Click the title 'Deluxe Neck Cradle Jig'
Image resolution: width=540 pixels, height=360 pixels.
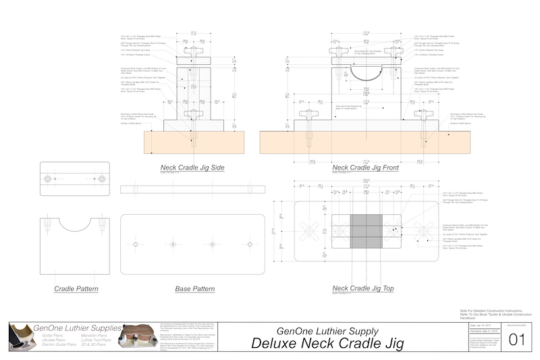pos(327,342)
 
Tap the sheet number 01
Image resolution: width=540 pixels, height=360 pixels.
pos(516,339)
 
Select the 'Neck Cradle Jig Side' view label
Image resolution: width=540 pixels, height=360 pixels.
pos(192,168)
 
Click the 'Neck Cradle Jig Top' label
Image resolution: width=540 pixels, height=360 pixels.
pos(364,288)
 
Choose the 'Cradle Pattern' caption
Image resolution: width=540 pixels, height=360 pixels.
pos(76,288)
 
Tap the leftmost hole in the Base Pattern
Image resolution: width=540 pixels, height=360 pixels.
pos(136,243)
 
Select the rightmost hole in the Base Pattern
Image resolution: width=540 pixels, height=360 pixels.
pos(250,243)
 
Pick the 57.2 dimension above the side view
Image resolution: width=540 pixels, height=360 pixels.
pos(193,32)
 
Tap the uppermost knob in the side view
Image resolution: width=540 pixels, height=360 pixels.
pos(193,51)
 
